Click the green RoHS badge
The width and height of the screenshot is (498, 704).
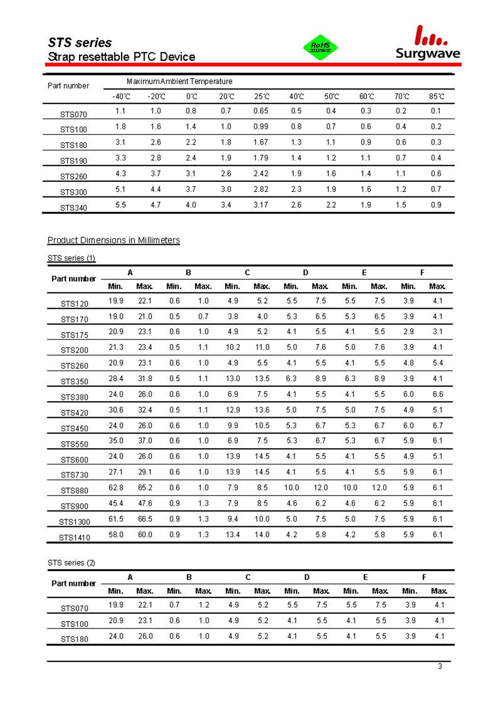(320, 47)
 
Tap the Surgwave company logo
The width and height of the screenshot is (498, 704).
(427, 43)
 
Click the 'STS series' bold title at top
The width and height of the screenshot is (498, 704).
(80, 43)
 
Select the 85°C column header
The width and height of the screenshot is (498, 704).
(436, 96)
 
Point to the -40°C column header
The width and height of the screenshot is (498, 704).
(121, 96)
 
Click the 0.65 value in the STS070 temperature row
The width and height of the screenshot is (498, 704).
(261, 111)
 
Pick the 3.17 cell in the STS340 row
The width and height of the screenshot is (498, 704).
(261, 205)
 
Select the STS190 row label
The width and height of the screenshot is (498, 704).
(73, 161)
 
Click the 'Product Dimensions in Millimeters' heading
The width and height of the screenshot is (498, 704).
(113, 240)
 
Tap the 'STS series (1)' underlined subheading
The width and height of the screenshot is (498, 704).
(71, 258)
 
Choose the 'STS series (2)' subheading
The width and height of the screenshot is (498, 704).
(71, 563)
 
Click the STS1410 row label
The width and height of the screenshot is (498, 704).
(74, 537)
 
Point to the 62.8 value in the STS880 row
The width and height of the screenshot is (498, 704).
(116, 487)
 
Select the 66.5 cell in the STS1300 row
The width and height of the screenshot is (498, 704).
(145, 519)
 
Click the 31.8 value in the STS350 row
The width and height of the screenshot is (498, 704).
(145, 378)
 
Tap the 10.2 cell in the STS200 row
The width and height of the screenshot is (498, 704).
(233, 347)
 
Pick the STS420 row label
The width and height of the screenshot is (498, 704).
(74, 413)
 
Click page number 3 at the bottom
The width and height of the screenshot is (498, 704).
(440, 666)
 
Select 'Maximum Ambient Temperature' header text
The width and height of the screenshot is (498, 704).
(179, 81)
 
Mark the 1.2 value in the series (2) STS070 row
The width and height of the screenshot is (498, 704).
(204, 605)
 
